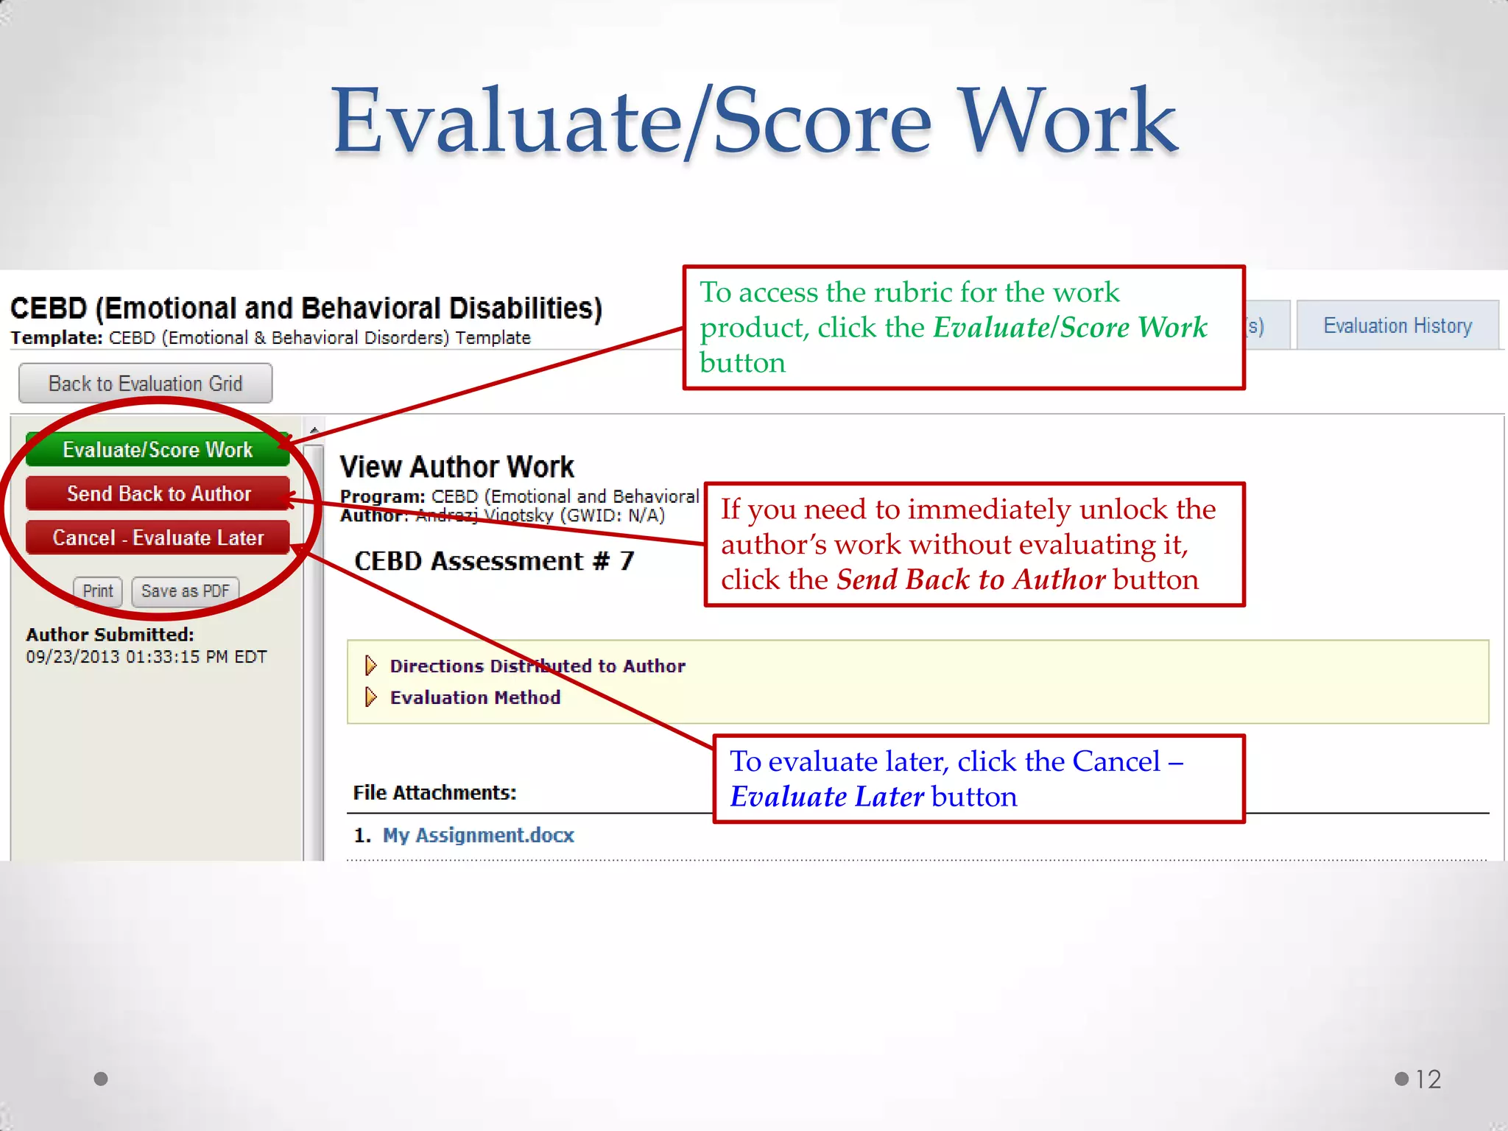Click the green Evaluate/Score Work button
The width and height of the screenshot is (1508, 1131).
[x=157, y=450]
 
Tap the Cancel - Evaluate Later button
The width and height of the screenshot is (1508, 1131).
[x=157, y=538]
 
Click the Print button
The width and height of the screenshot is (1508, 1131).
[x=97, y=591]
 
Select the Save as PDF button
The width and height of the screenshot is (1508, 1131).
[x=185, y=591]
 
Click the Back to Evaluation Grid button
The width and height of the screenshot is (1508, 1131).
[x=145, y=384]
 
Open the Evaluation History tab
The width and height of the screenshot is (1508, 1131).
[x=1397, y=325]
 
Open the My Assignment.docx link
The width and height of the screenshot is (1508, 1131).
[x=478, y=835]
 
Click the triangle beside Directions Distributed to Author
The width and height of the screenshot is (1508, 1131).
[x=371, y=666]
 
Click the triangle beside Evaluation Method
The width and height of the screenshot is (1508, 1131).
[x=371, y=697]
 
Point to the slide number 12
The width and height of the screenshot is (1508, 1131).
[x=1428, y=1079]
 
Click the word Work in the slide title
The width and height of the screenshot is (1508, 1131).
[x=1068, y=121]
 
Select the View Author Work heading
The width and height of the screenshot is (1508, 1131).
[x=457, y=467]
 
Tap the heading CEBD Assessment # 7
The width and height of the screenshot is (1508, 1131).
[x=494, y=561]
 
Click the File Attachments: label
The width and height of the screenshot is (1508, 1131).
[x=434, y=793]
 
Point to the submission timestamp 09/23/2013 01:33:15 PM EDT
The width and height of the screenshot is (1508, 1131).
[x=146, y=657]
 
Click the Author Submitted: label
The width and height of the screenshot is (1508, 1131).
[x=110, y=635]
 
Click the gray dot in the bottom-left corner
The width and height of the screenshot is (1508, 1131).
[x=101, y=1079]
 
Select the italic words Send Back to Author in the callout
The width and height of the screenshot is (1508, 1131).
[x=970, y=580]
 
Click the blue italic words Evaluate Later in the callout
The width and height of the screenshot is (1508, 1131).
[x=826, y=797]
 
